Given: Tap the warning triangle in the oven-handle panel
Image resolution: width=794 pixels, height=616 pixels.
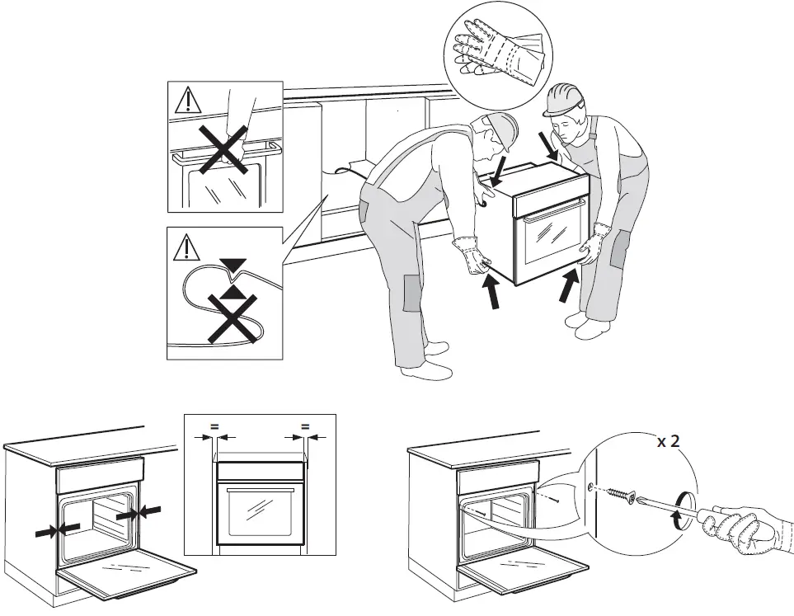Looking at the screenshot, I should (189, 100).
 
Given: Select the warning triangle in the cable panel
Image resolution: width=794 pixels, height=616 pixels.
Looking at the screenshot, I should (189, 247).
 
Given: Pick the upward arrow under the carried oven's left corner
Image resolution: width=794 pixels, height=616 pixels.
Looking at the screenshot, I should (491, 292).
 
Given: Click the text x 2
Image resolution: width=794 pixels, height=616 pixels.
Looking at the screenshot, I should (668, 441).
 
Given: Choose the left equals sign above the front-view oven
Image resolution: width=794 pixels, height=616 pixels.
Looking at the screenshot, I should (214, 426).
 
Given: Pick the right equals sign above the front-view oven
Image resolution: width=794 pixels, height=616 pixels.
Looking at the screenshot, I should (305, 426).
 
